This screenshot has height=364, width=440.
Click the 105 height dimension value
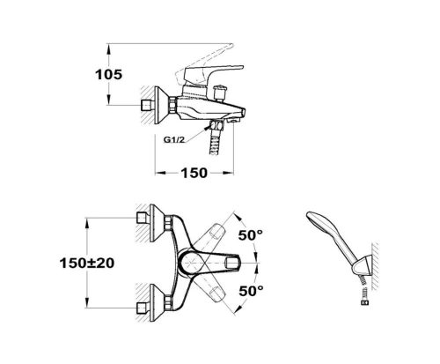[x=108, y=74]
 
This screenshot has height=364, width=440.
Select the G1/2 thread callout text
[x=174, y=139]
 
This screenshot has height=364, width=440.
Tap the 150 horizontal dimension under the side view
[x=194, y=173]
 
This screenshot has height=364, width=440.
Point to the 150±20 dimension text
[x=87, y=263]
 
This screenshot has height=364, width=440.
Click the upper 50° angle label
[x=251, y=235]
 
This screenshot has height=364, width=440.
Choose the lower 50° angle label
[x=251, y=291]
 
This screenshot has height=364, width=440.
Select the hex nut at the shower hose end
[x=364, y=302]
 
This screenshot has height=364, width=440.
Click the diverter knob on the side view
[x=221, y=92]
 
